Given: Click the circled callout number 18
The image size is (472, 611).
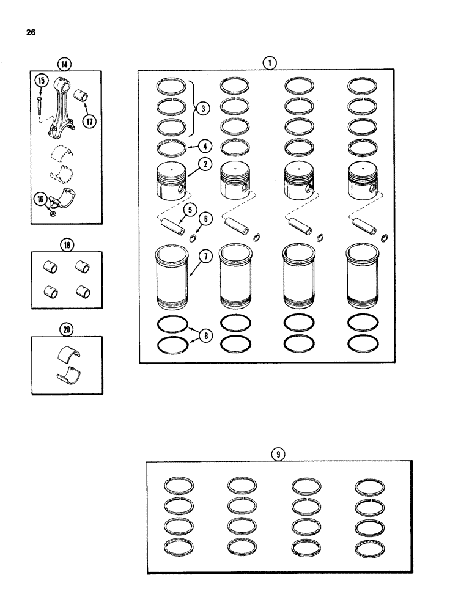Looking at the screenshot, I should pos(65,246).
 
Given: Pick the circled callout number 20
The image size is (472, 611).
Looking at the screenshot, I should pos(66,329).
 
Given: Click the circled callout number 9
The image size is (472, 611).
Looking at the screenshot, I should pos(279,454).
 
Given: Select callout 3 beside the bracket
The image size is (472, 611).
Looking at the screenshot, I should pos(204,109).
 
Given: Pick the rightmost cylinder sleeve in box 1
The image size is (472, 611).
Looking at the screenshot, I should pos(364,276).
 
